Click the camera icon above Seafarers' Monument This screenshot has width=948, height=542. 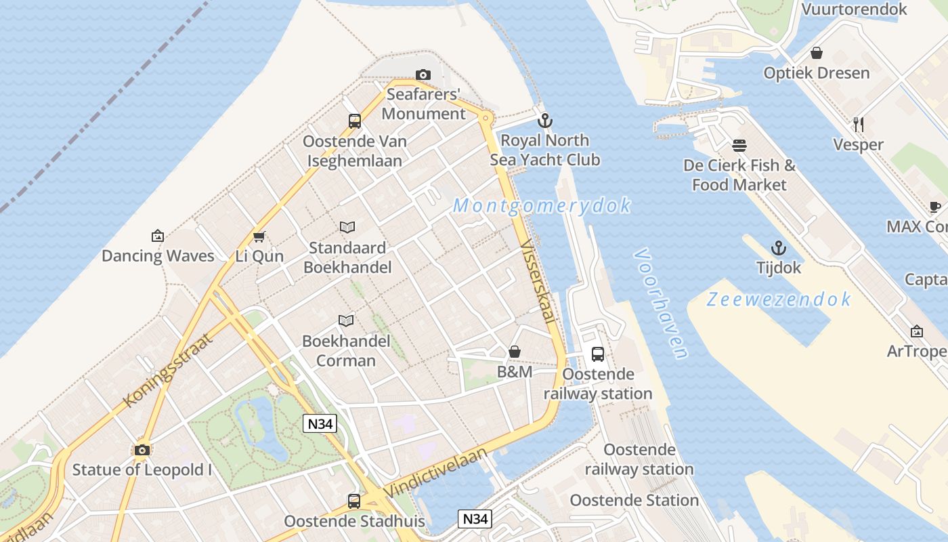coord(423,75)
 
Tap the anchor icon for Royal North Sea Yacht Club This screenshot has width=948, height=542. coord(544,121)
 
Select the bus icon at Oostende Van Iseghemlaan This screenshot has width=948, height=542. coord(354,121)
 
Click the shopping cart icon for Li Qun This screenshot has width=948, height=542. coord(259,236)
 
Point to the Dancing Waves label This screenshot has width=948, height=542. coord(158,255)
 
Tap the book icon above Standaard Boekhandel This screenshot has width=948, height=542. coord(347,227)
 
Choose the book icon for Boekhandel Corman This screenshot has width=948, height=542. coord(346,320)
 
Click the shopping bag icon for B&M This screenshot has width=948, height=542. coord(515,352)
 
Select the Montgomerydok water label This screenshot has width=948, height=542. coord(542,205)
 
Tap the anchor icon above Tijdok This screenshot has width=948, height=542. coord(779,247)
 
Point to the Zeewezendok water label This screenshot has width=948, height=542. coord(779,299)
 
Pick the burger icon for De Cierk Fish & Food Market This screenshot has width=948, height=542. coord(739,145)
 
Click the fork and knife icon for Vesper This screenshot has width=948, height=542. coord(858,124)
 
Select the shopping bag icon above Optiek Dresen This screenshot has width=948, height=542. coord(817,53)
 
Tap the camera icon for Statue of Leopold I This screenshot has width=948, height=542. coord(142,450)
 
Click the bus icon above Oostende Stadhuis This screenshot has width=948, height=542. coord(354,501)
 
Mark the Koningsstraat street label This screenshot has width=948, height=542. coord(168,370)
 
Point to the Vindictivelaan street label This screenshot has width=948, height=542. coord(435,472)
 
